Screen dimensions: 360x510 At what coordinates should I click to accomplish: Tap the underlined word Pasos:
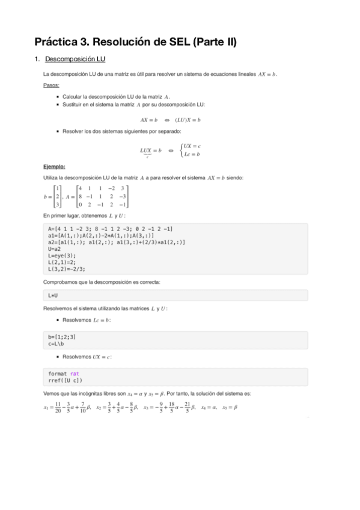(x=51, y=85)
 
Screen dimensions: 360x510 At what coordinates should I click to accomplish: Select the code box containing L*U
(x=176, y=295)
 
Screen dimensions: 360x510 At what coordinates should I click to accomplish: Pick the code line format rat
(x=64, y=373)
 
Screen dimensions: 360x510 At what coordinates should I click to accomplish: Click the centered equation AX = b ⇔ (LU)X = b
(x=170, y=120)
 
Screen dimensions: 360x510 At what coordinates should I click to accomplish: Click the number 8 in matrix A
(x=80, y=197)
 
